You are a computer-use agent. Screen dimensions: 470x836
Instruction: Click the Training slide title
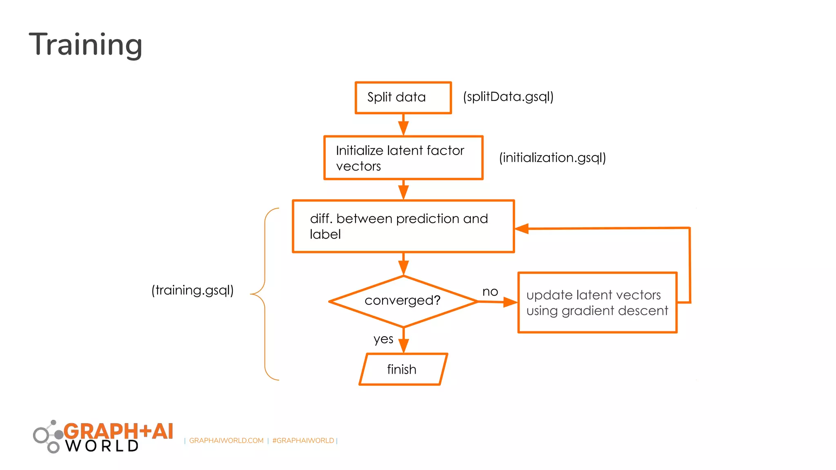pos(86,45)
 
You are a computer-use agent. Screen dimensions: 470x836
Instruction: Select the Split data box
pos(403,98)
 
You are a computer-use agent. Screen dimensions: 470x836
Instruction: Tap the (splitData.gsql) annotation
pos(508,97)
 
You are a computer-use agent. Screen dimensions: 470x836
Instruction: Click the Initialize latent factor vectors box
pos(403,158)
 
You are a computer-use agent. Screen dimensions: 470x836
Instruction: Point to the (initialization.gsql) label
pos(552,157)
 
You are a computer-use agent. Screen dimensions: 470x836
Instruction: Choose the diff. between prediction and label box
pos(403,226)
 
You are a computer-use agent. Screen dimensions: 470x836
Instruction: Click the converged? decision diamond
pos(403,301)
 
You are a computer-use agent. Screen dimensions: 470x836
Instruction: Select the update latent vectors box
pos(597,303)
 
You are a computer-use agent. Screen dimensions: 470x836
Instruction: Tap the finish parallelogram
pos(403,369)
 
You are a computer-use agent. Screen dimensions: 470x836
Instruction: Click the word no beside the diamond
pos(490,292)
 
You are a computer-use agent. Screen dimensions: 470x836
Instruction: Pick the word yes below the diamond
pos(383,339)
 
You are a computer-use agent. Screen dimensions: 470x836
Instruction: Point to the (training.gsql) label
pos(192,290)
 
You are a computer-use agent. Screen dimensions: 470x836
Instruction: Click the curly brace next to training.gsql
pos(265,294)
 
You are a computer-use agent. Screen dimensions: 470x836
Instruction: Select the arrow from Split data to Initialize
pos(403,125)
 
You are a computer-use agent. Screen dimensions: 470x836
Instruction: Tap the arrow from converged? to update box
pos(498,302)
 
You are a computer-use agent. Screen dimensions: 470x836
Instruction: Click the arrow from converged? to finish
pos(403,340)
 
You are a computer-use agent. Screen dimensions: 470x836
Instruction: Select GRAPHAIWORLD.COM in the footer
pos(226,441)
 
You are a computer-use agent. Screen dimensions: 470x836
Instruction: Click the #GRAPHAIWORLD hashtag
pos(303,441)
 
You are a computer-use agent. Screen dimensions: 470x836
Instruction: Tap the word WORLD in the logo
pos(102,446)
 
